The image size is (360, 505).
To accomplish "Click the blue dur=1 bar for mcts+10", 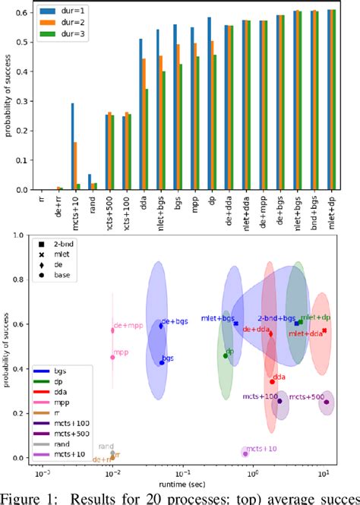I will click(x=72, y=147).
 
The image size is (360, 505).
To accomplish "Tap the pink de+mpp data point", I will click(x=112, y=330).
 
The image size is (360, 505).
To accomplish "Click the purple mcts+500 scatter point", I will click(x=327, y=402).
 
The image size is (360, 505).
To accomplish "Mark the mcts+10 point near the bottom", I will click(x=245, y=453).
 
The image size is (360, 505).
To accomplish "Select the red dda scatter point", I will click(x=272, y=381).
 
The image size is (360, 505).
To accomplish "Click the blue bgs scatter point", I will click(x=162, y=362).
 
